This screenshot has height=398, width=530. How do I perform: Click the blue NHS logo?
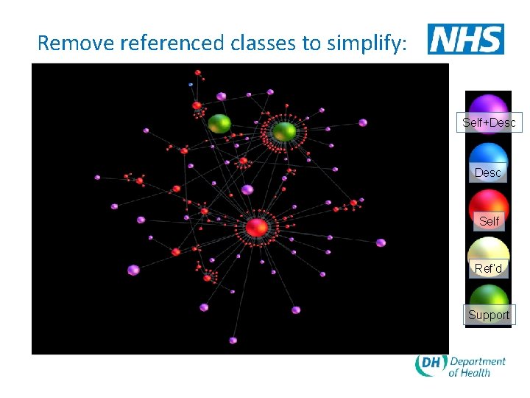pos(466,39)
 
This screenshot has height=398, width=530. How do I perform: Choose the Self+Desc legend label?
pos(489,123)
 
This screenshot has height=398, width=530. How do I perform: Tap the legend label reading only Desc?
pos(488,172)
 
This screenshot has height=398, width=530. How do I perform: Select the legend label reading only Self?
pos(489,221)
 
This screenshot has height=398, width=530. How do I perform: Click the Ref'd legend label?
pos(488,269)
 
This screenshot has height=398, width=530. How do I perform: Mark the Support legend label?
pos(489,315)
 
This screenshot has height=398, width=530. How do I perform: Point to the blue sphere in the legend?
pos(489,155)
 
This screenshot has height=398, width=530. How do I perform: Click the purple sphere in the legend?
pos(489,105)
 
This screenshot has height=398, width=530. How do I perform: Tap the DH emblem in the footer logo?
pos(430,366)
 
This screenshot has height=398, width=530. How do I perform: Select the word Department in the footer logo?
pos(478,361)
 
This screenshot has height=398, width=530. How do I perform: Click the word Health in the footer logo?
pos(476,373)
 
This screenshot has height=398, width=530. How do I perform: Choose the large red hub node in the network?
pos(256,227)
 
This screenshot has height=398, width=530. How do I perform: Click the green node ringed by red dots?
pos(284,131)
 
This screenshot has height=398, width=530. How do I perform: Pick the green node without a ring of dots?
pos(219,123)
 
